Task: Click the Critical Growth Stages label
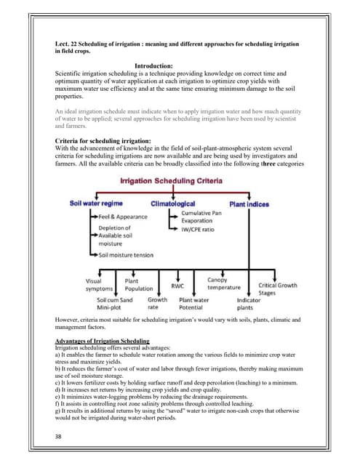(x=278, y=285)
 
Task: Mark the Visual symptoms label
(x=94, y=283)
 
